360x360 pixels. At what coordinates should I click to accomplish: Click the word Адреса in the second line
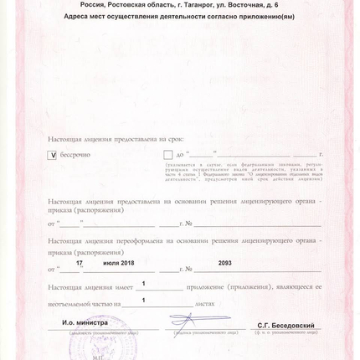(x=79, y=16)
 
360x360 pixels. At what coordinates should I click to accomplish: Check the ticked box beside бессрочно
(x=52, y=155)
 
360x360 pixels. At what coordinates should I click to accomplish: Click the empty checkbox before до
(x=168, y=155)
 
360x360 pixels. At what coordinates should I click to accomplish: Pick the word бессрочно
(x=75, y=155)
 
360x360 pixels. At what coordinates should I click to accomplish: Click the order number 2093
(x=224, y=263)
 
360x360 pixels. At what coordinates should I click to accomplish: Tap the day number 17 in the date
(x=80, y=263)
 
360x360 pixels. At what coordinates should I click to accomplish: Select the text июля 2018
(x=118, y=263)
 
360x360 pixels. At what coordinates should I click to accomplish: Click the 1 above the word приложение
(x=144, y=285)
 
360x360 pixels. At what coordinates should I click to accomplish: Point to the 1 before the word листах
(x=143, y=300)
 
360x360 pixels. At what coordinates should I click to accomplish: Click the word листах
(x=205, y=304)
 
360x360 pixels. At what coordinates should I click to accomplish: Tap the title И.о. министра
(x=85, y=322)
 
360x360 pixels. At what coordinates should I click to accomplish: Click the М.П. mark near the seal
(x=98, y=356)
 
